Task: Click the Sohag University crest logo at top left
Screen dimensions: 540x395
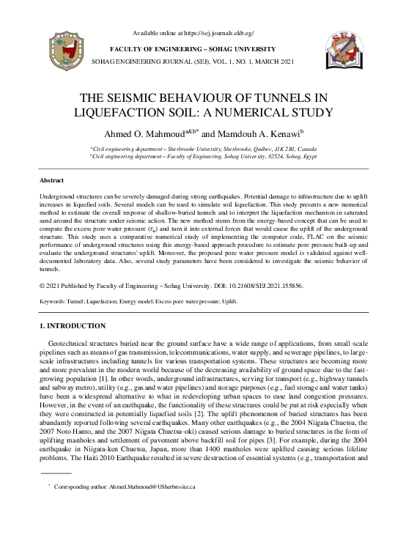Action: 55,53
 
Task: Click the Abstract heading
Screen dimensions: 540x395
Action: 51,180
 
